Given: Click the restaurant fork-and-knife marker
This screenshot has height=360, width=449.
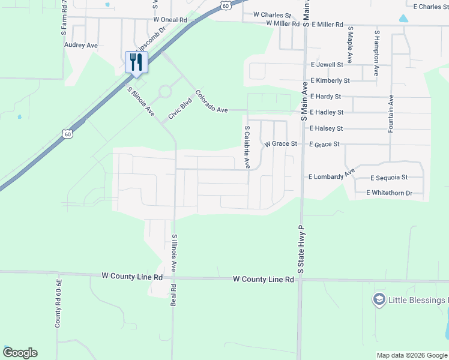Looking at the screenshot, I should tap(136, 61).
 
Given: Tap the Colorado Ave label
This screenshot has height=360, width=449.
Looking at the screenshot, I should tap(212, 101).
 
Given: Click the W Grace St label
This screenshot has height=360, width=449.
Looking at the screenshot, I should tap(281, 144).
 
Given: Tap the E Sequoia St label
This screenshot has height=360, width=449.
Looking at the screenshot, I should tap(389, 178).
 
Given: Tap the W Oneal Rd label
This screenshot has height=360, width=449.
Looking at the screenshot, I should tap(170, 20).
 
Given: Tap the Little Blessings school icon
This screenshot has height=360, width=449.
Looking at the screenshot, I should tap(379, 299).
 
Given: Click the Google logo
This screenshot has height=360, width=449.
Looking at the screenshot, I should tap(20, 353).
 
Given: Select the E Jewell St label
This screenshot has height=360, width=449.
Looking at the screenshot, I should tap(327, 64).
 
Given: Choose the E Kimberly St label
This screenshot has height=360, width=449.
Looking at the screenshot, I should tap(330, 80).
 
